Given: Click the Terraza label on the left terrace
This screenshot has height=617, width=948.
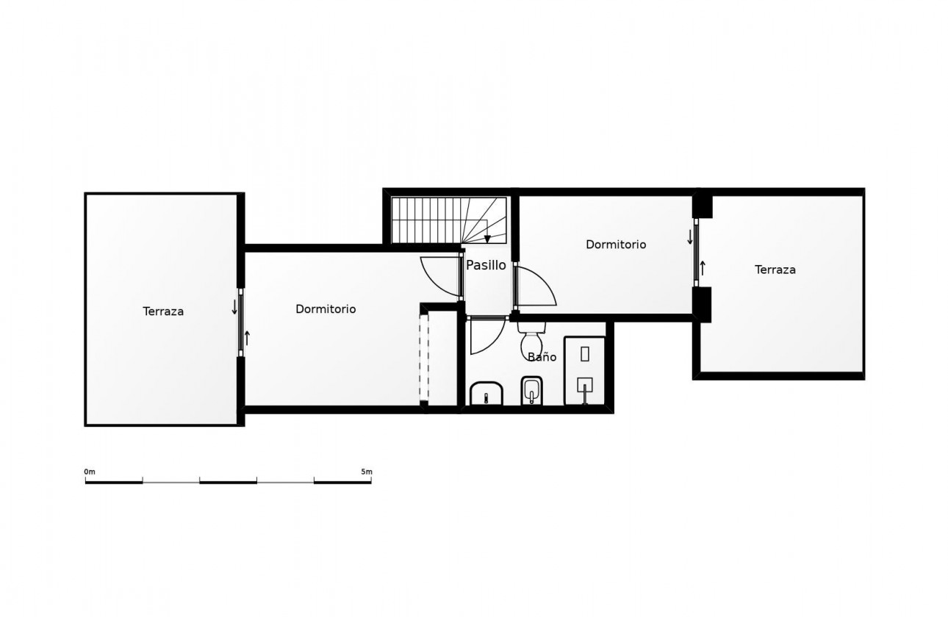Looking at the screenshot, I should tap(163, 311).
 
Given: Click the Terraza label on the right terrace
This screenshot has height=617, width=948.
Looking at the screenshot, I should tap(775, 270).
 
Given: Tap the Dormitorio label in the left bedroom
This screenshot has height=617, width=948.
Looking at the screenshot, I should tap(326, 309).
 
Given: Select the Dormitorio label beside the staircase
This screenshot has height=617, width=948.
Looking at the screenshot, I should tap(616, 245).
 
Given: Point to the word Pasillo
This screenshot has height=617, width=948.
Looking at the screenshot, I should tap(486, 265).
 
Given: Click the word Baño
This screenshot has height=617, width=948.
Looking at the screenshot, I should tap(542, 357).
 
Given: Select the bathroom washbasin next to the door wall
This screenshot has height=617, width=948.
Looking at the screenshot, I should tap(485, 394).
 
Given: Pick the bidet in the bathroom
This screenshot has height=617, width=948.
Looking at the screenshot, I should tap(531, 390).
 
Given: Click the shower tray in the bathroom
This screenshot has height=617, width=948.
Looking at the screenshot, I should tap(584, 370).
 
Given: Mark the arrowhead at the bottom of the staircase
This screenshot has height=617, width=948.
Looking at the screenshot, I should tap(486, 239).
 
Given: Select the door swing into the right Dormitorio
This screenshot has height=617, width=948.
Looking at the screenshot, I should tap(535, 286).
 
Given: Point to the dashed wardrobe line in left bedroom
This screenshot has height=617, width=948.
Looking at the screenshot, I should tap(423, 357).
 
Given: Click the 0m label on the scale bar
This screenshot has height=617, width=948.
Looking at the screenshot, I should tap(90, 472).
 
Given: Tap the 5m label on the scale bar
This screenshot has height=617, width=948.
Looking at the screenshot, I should tap(367, 472).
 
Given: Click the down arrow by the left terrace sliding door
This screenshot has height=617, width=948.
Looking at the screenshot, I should tap(234, 306).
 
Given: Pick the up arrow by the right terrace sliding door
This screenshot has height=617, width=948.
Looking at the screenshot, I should tap(703, 268).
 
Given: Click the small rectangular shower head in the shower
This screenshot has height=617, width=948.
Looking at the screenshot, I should tap(585, 353).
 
